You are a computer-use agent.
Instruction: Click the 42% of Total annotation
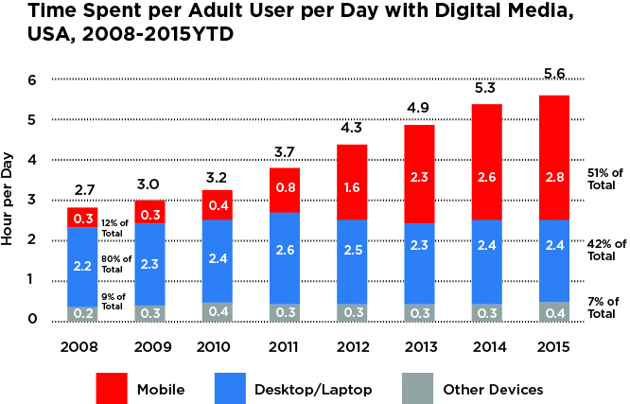click(x=602, y=249)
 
